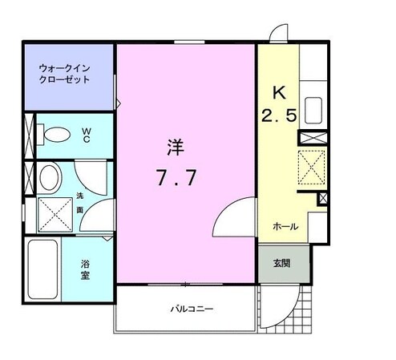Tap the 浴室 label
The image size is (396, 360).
(x=85, y=269)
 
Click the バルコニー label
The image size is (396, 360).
(x=191, y=309)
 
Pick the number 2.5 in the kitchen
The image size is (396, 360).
(x=279, y=115)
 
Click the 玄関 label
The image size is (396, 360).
(x=281, y=262)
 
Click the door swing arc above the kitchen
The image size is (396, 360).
(x=277, y=34)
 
